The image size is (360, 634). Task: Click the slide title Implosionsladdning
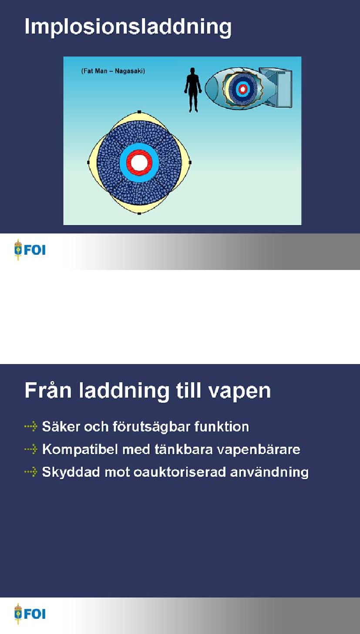128,27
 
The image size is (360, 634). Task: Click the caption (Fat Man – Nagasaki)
113,71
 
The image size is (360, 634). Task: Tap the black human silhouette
193,90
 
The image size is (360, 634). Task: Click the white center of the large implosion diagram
139,162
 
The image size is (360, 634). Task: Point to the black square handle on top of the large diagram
139,112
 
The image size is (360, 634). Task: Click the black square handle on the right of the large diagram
190,162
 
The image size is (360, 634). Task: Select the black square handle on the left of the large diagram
88,162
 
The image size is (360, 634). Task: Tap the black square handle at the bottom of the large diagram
139,213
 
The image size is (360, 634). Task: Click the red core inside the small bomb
242,89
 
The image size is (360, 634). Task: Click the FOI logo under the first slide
30,250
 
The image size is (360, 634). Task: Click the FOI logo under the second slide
30,614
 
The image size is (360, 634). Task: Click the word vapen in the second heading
240,391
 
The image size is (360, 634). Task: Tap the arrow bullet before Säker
31,426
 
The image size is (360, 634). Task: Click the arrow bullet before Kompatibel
31,449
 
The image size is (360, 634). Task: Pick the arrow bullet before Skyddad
31,472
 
